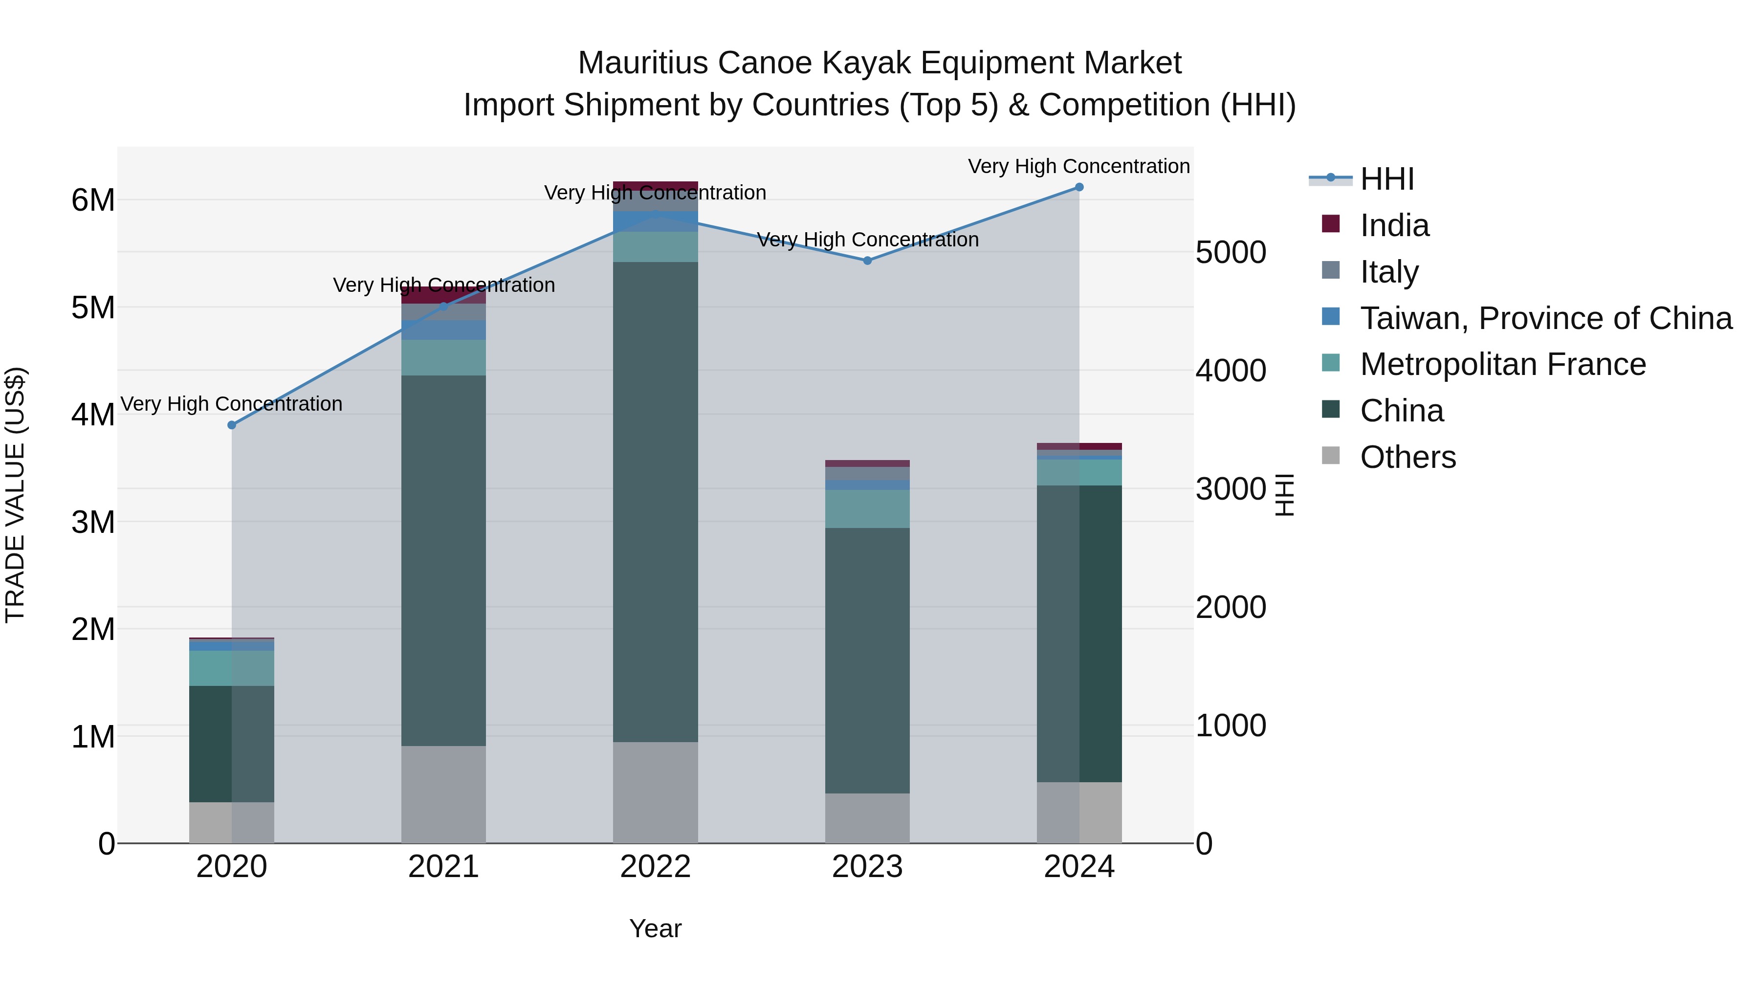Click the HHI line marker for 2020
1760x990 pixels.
[232, 425]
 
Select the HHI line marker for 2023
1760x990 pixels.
[868, 260]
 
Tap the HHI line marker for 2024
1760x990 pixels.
[1079, 187]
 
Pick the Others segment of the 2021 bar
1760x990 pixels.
[443, 794]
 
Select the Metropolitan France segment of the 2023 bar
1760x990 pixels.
[868, 508]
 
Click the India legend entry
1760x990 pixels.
[1394, 225]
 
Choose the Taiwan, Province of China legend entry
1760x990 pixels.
[1545, 318]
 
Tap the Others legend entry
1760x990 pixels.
[1408, 457]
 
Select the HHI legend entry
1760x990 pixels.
[1386, 179]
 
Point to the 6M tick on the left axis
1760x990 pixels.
[93, 200]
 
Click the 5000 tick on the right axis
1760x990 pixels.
[1231, 252]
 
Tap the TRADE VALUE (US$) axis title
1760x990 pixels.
[16, 495]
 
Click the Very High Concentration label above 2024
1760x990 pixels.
[1079, 166]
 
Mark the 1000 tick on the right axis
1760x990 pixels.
[1231, 725]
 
